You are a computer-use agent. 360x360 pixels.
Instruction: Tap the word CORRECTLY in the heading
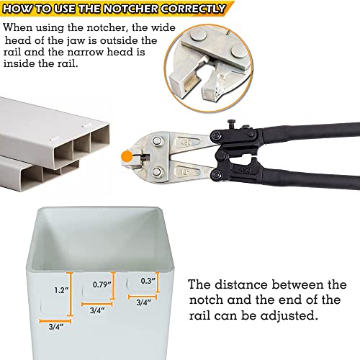192,9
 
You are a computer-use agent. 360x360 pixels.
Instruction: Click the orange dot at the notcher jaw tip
127,156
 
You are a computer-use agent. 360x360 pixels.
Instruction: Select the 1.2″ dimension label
61,290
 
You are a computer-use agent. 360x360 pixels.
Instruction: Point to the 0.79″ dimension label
102,284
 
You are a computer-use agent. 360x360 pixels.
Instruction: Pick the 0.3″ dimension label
148,281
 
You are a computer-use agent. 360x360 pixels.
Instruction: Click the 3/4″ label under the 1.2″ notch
56,327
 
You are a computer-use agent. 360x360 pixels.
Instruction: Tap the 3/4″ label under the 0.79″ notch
97,310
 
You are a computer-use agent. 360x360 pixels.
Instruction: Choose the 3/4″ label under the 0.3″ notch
143,302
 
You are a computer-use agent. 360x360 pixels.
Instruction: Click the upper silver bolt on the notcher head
157,140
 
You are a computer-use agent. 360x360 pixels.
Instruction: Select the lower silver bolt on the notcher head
157,171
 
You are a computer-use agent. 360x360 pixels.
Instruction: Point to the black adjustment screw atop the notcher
232,125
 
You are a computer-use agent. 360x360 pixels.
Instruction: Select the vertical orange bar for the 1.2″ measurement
70,294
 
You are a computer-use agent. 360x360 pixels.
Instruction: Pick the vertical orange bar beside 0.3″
158,282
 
